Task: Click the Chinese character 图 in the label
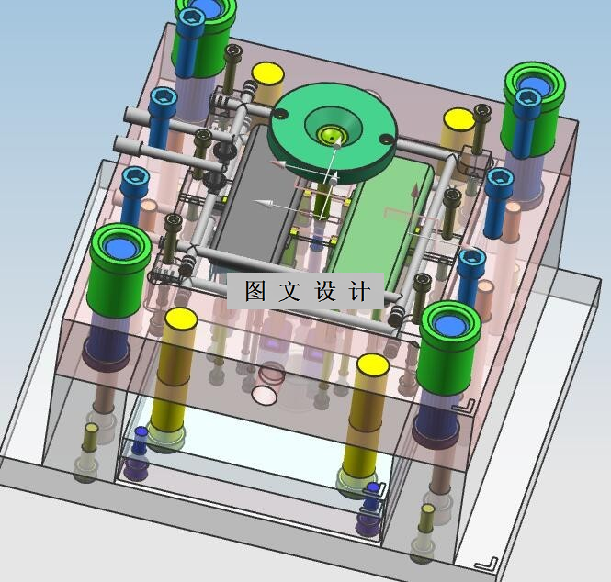255,290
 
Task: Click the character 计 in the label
359,291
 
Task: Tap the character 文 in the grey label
290,290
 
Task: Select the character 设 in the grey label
325,290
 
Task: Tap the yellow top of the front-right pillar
373,364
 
